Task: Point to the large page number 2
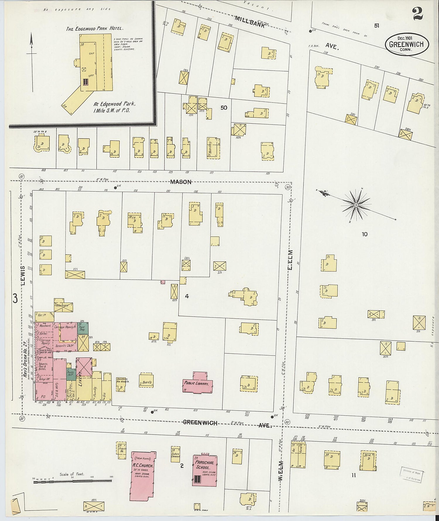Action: (418, 14)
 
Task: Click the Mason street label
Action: (181, 182)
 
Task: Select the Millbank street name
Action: (250, 22)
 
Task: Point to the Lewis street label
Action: (23, 275)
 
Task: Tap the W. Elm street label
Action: (280, 470)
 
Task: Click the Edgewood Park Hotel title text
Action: (94, 29)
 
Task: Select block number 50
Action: (224, 108)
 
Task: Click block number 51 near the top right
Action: (376, 26)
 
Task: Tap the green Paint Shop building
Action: (83, 328)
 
